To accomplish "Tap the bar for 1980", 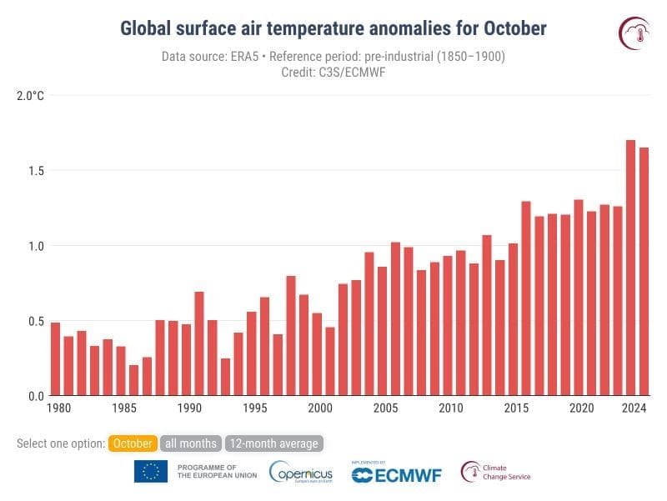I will [x=55, y=359].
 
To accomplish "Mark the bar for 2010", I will [x=448, y=326].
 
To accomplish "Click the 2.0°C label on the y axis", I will [x=30, y=96].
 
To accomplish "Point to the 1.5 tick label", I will [x=33, y=171].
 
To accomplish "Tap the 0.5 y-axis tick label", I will [x=33, y=321].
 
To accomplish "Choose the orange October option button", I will [x=133, y=443].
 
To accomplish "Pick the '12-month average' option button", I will [x=273, y=443].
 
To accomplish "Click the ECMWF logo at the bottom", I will [x=397, y=473].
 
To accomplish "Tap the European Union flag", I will [x=151, y=472].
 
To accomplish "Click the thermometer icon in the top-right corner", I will [x=634, y=33].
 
